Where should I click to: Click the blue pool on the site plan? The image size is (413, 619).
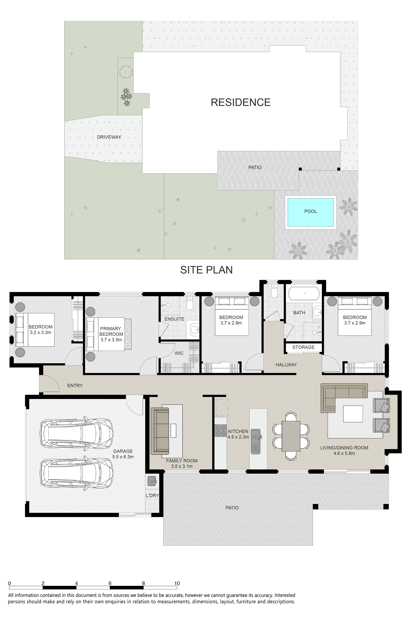click(311, 212)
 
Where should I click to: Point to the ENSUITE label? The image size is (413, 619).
click(174, 319)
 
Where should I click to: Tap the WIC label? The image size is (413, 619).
click(179, 353)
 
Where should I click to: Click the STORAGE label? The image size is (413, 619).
click(303, 347)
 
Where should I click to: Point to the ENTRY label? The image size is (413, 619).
click(75, 386)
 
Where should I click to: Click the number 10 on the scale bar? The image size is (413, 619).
click(177, 584)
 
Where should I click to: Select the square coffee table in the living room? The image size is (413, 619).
click(353, 414)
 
